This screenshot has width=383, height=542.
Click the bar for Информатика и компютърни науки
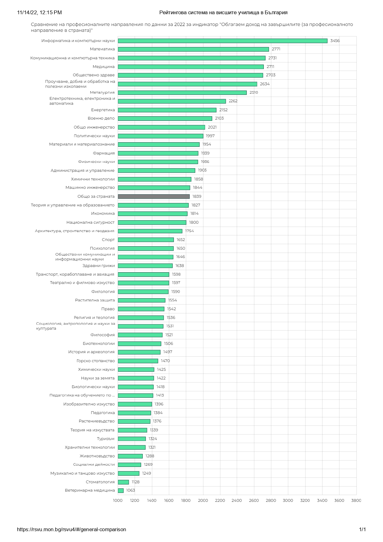pyautogui.click(x=222, y=41)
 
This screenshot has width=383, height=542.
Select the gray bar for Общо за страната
pyautogui.click(x=154, y=197)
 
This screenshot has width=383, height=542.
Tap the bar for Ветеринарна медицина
pyautogui.click(x=121, y=490)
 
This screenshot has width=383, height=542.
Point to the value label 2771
pyautogui.click(x=276, y=49)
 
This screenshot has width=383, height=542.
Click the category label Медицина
pyautogui.click(x=103, y=67)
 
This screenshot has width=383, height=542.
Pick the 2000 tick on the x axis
pyautogui.click(x=203, y=500)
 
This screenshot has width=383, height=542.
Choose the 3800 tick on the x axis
pyautogui.click(x=356, y=500)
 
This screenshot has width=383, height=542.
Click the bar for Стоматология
pyautogui.click(x=123, y=482)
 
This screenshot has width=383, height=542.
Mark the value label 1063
pyautogui.click(x=131, y=490)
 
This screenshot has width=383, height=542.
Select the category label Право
pyautogui.click(x=108, y=309)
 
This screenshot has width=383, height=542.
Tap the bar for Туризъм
pyautogui.click(x=132, y=439)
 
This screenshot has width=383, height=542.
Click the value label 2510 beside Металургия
pyautogui.click(x=254, y=92)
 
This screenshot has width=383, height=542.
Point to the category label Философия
pyautogui.click(x=103, y=335)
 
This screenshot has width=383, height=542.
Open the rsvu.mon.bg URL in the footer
pyautogui.click(x=72, y=529)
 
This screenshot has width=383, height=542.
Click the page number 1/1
pyautogui.click(x=362, y=529)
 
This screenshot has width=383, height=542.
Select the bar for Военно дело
pyautogui.click(x=165, y=118)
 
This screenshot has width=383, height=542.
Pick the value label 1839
pyautogui.click(x=197, y=197)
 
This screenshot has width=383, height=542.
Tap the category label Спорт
pyautogui.click(x=108, y=240)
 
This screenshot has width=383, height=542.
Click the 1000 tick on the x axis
pyautogui.click(x=118, y=500)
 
